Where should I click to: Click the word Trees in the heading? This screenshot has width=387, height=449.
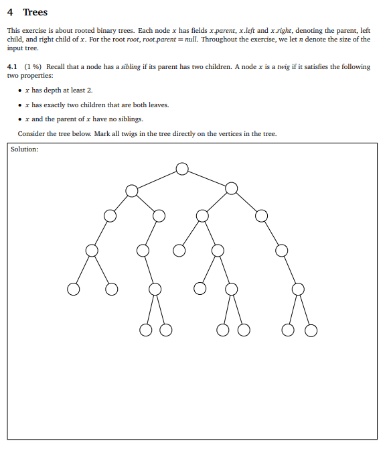(35, 12)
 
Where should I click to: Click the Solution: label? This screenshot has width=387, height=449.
(25, 149)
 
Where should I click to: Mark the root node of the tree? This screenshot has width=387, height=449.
(182, 168)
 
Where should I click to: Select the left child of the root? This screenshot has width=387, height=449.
(132, 191)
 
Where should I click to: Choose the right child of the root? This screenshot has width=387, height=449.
(232, 188)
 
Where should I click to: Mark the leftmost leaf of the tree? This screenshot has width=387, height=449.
(73, 290)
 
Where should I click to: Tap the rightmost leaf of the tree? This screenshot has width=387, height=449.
(311, 330)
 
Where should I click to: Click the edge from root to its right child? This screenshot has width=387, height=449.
(207, 178)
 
